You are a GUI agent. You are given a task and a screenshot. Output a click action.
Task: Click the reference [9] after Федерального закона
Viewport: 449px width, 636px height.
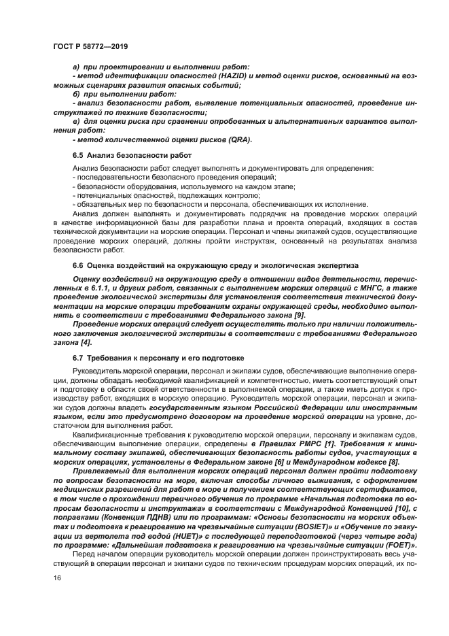pos(300,315)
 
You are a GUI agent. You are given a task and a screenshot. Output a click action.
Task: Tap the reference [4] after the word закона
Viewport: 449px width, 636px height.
pos(86,342)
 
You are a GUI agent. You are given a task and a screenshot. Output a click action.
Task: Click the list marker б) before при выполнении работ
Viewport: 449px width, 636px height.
pos(76,93)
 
